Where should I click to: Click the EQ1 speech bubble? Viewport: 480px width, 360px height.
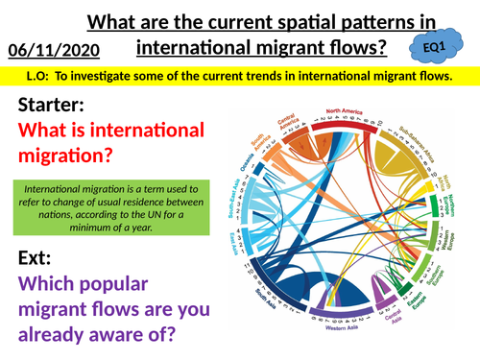(438, 45)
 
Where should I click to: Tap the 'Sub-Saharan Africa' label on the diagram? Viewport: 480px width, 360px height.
(423, 144)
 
